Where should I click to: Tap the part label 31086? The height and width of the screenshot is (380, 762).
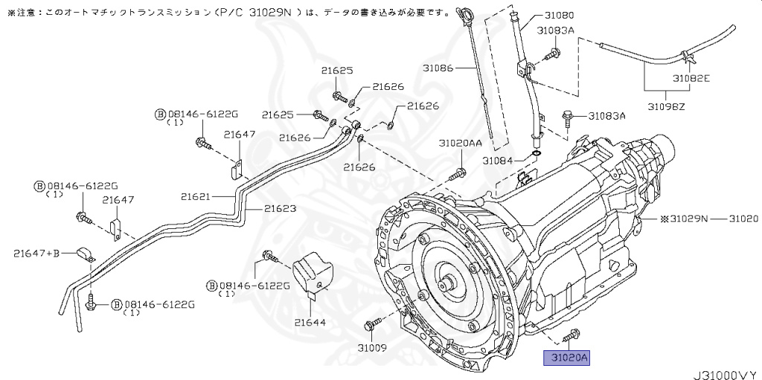(x=438, y=68)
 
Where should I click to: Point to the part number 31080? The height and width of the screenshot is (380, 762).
(x=560, y=14)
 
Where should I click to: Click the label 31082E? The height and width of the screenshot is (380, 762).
(x=691, y=77)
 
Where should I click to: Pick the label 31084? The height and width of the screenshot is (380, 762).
(x=498, y=160)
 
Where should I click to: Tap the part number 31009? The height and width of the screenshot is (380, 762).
(x=372, y=347)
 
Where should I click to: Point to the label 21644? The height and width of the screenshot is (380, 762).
(x=310, y=322)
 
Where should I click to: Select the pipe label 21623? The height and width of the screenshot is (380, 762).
(x=279, y=209)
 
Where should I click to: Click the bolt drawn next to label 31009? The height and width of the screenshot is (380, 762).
(x=371, y=325)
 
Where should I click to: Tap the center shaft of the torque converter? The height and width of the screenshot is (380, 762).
(x=449, y=284)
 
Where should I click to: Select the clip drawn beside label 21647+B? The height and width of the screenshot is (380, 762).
(x=84, y=254)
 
